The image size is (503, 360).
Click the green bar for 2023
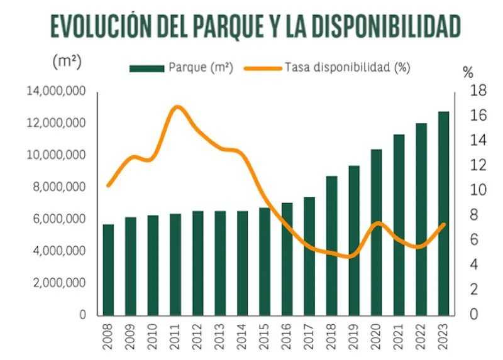[x=444, y=214]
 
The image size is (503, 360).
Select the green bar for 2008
[x=108, y=270]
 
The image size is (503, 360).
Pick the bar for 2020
[x=377, y=232]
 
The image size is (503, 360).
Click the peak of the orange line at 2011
[x=177, y=107]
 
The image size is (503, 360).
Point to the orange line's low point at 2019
[x=352, y=256]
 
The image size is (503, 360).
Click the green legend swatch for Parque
[x=146, y=67]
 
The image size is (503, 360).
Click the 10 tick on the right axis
[x=478, y=190]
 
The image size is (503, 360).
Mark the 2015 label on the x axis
[x=265, y=335]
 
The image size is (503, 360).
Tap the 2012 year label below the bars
[x=198, y=335]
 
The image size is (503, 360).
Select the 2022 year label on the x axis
[x=421, y=335]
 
